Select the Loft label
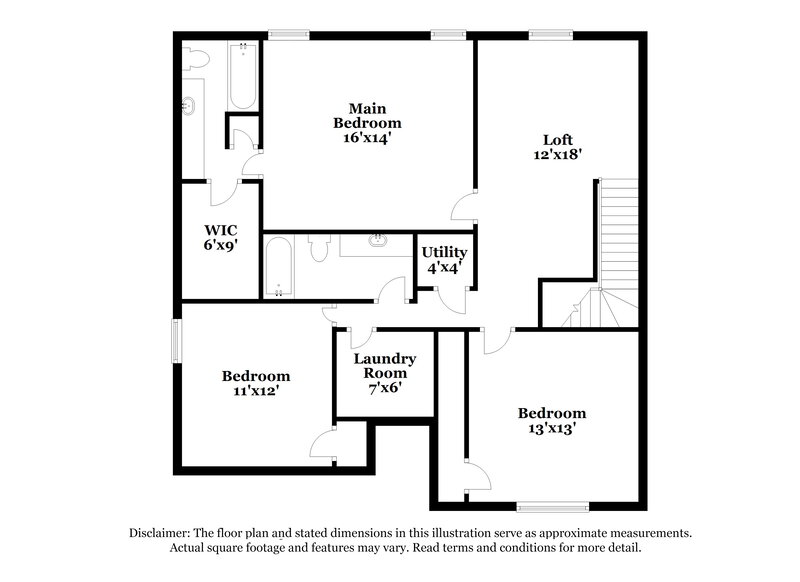tap(558, 140)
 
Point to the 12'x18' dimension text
tap(558, 155)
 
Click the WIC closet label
tap(220, 228)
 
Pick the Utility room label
tap(443, 252)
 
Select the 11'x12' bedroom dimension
tap(256, 392)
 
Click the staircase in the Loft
tap(617, 240)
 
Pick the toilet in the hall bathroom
tap(320, 248)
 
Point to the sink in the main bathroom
tap(189, 105)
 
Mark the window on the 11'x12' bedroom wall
tap(176, 341)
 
